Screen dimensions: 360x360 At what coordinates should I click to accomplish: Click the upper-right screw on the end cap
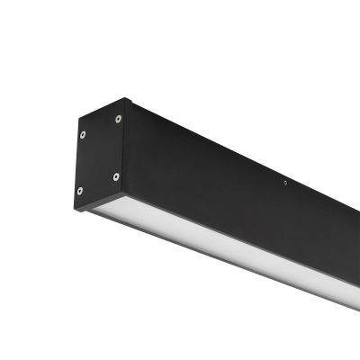118,118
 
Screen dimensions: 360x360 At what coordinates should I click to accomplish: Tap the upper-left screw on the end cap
83,135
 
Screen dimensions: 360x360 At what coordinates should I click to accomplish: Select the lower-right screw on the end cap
115,175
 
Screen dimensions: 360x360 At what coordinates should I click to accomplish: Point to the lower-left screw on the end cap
80,191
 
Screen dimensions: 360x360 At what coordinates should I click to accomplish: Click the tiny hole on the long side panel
285,183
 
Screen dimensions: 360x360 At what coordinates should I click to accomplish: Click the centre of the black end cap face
99,155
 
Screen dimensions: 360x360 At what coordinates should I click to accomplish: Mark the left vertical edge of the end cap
76,166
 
